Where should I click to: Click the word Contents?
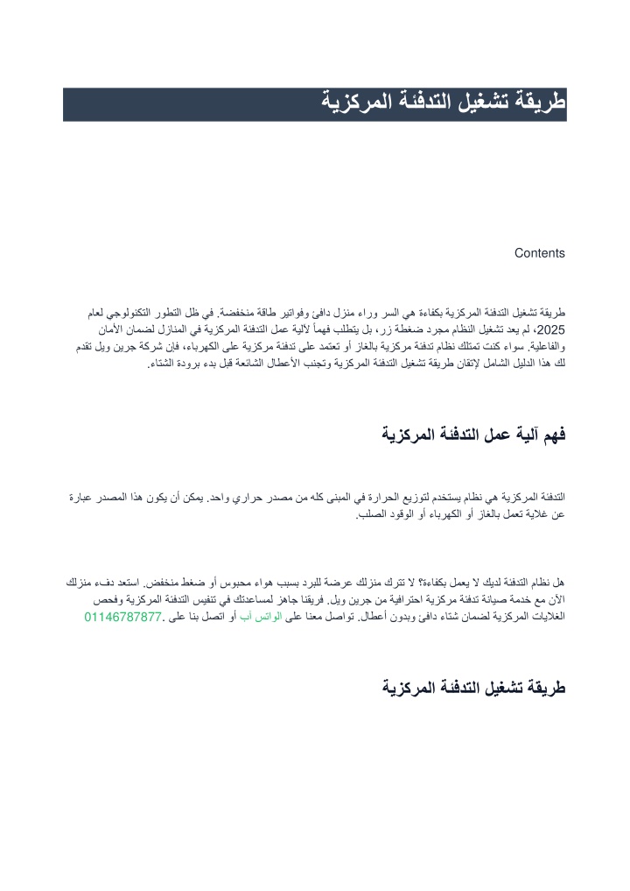coord(539,254)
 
